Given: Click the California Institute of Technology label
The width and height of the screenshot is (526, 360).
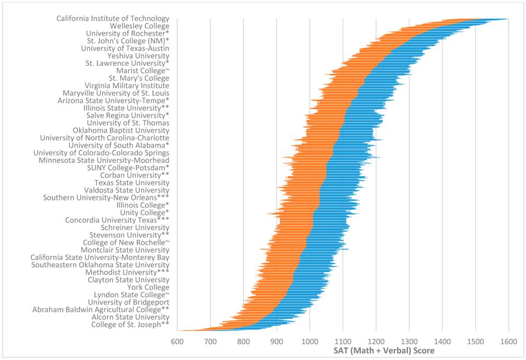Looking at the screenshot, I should [112, 19].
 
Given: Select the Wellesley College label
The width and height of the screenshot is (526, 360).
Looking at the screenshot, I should [139, 26].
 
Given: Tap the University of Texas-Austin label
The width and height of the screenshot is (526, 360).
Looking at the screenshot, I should [125, 48].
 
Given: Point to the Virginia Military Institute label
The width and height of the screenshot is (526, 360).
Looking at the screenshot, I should [127, 86].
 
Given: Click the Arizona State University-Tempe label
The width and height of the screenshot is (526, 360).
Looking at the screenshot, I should [113, 100].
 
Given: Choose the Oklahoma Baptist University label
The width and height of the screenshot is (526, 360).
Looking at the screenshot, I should [121, 131].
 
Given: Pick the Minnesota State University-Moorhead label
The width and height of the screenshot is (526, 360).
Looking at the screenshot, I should [104, 160].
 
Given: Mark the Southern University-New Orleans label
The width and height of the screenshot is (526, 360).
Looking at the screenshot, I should [106, 198].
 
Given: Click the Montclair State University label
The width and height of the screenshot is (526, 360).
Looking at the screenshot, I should [125, 250].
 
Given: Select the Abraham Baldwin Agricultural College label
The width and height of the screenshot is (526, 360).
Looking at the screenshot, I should [100, 310].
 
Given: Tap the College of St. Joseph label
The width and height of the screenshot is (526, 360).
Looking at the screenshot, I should [130, 324].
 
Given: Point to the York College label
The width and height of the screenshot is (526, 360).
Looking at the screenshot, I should [148, 287].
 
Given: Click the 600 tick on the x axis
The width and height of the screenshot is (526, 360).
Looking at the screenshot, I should [177, 341].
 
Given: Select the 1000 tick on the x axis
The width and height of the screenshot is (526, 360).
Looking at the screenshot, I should [309, 341].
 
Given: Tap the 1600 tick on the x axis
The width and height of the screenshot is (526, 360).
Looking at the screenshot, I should [508, 341].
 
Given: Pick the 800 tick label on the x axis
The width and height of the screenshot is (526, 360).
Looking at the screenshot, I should [243, 341].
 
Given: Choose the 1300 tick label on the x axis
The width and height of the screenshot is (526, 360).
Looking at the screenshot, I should [409, 341].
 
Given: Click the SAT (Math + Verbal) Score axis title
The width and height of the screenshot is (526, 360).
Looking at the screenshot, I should [383, 351].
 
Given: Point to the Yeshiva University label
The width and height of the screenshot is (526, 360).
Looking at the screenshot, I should [138, 56].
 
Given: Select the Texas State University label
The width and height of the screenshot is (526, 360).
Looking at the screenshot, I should [132, 183].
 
